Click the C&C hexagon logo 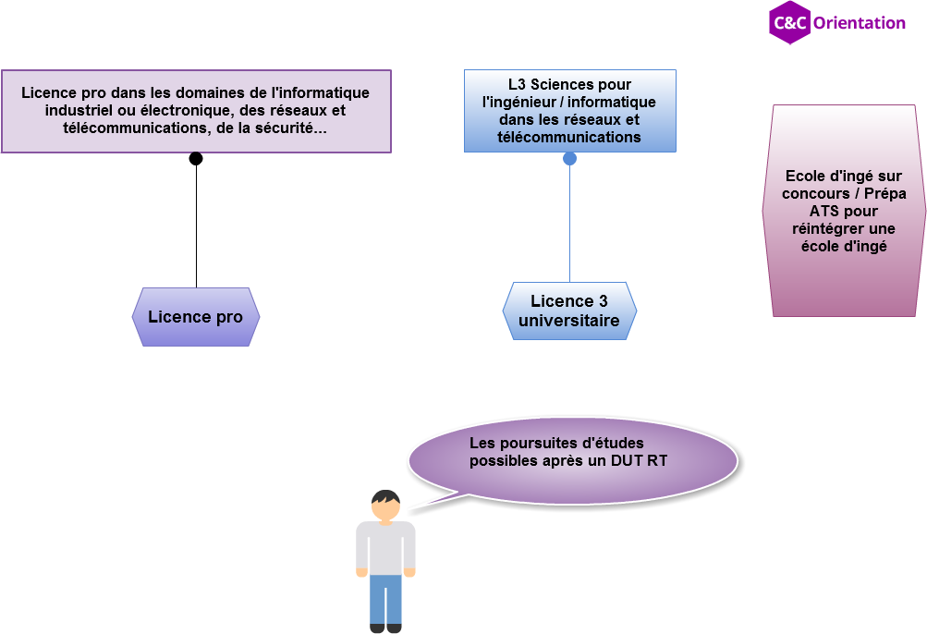pyautogui.click(x=789, y=22)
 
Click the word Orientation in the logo pyautogui.click(x=859, y=23)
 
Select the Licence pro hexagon pyautogui.click(x=196, y=317)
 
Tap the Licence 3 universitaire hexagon pyautogui.click(x=569, y=311)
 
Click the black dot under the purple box pyautogui.click(x=196, y=159)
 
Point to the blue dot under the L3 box pyautogui.click(x=569, y=159)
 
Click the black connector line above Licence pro pyautogui.click(x=196, y=226)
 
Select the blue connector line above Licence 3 pyautogui.click(x=570, y=224)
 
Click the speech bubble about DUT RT pyautogui.click(x=572, y=461)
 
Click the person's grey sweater pyautogui.click(x=385, y=547)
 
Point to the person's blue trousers pyautogui.click(x=385, y=599)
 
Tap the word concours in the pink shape pyautogui.click(x=816, y=193)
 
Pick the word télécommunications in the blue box pyautogui.click(x=568, y=137)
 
